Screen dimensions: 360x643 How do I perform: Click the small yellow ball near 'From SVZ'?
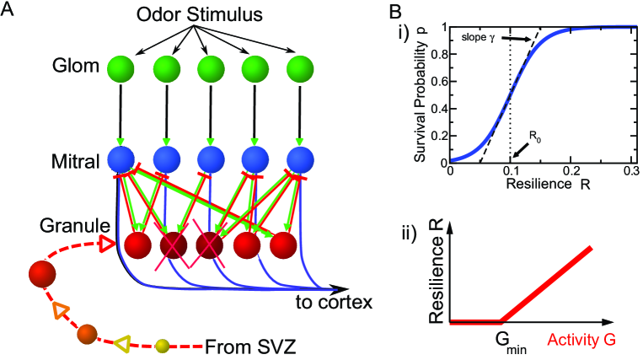165,345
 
